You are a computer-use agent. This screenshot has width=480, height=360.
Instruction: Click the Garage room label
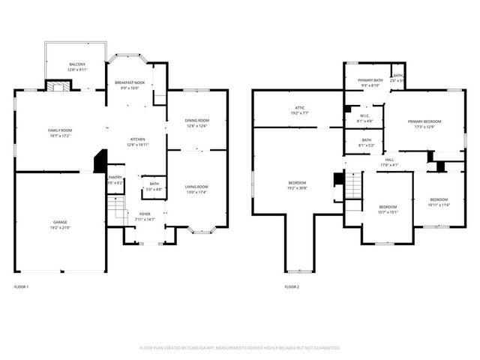pos(59,223)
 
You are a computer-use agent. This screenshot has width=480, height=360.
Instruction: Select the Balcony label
pos(77,64)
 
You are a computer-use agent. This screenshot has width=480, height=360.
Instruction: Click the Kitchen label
pos(138,139)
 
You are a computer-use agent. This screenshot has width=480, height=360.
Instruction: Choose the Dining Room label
pos(197,121)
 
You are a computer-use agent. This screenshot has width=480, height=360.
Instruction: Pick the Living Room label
pos(197,187)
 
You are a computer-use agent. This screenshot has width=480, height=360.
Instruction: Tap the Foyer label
pos(145,214)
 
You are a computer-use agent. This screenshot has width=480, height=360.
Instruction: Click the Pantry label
pos(115,177)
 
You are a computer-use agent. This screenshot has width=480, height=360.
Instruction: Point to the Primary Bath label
pos(370,80)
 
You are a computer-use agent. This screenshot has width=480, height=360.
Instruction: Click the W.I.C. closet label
pos(364,115)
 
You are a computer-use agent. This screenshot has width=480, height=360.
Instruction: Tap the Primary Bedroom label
pos(424,121)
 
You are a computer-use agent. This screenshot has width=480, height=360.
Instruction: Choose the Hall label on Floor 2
pos(389,160)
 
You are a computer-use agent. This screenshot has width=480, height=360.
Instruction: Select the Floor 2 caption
pos(291,287)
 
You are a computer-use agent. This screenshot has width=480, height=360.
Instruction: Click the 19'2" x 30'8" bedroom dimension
pos(297,187)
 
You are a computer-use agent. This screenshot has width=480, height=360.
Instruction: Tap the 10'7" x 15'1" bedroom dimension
pos(388,211)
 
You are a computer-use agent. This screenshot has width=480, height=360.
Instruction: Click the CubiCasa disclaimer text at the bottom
pos(240,347)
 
